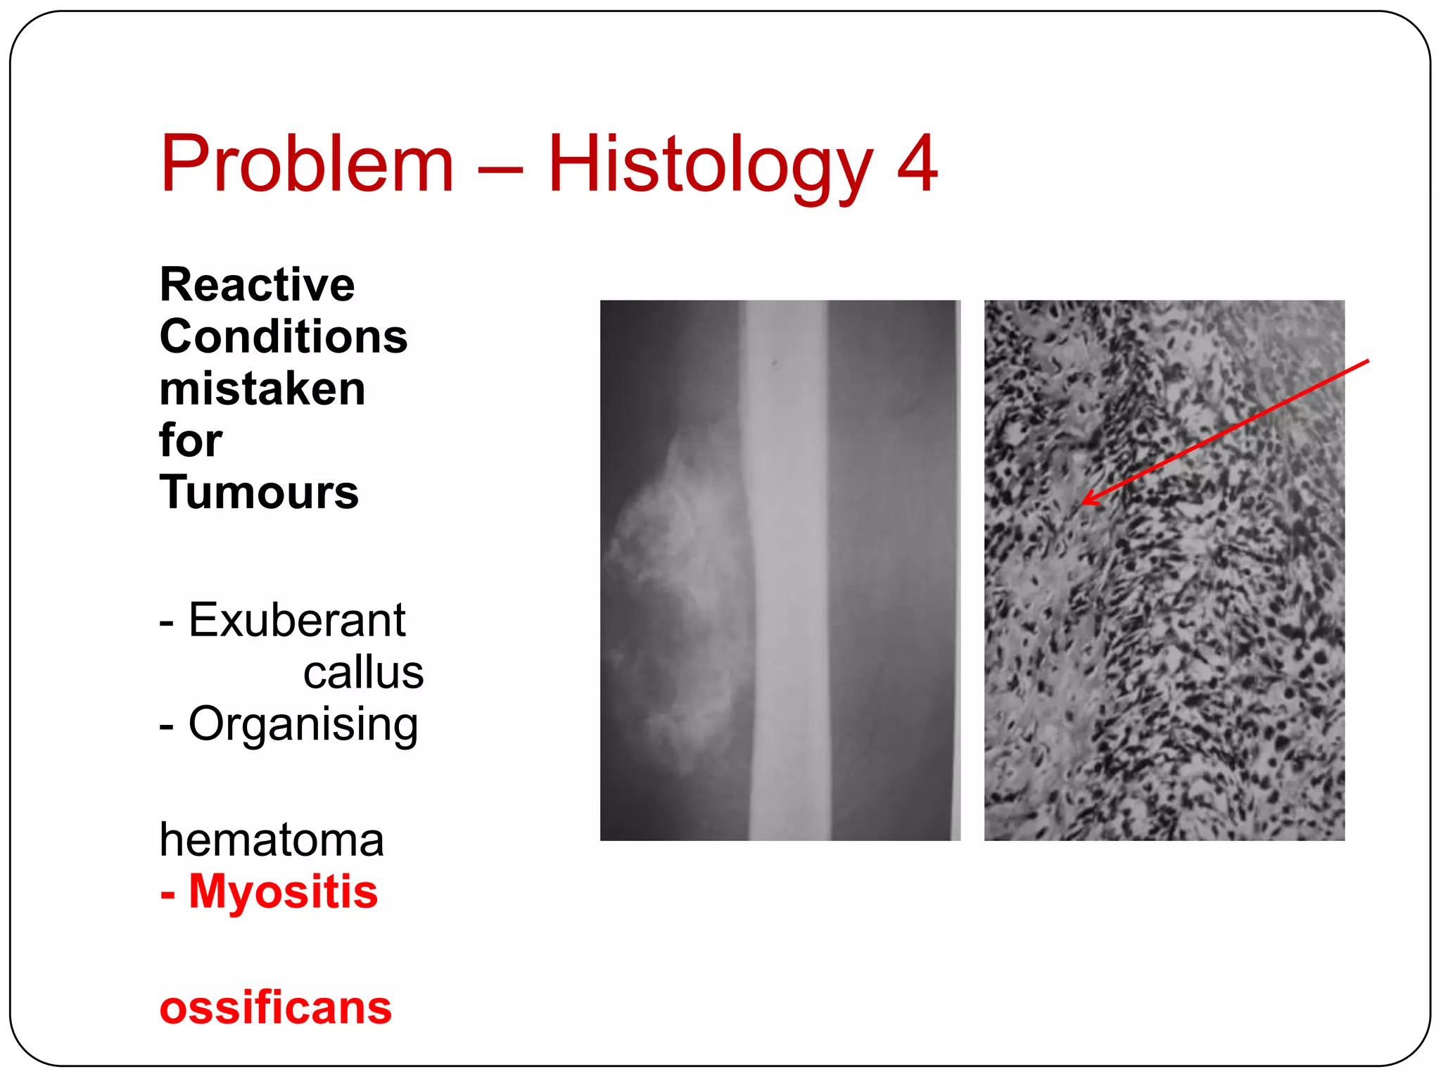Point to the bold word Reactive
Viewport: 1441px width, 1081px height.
click(x=258, y=284)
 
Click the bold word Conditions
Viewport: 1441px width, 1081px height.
click(x=284, y=336)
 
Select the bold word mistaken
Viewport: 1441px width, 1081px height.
click(x=262, y=389)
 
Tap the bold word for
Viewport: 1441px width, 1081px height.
click(x=191, y=441)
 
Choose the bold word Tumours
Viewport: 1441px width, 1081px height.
click(x=259, y=492)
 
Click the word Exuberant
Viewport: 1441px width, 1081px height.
click(x=297, y=620)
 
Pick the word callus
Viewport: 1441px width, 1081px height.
click(x=363, y=672)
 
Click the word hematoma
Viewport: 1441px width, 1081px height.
click(x=272, y=839)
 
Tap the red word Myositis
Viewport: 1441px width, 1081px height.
click(x=283, y=892)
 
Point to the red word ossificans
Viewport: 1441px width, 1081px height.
click(x=275, y=1007)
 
